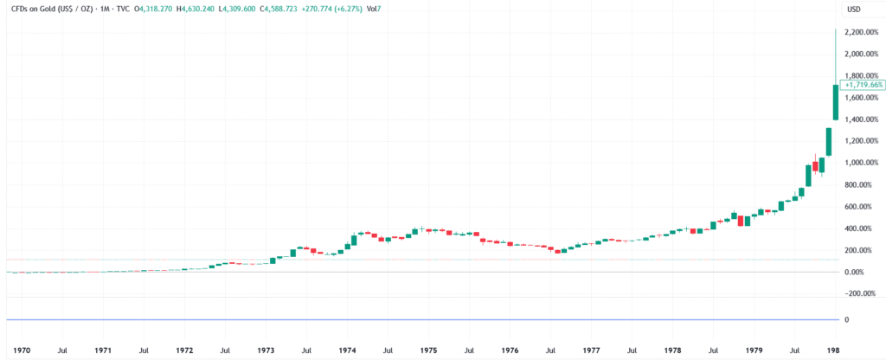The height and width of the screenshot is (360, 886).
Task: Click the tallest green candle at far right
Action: coord(835,114)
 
